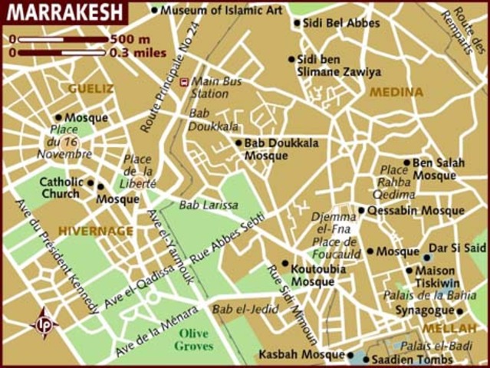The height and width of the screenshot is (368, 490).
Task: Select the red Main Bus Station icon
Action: (x=183, y=81)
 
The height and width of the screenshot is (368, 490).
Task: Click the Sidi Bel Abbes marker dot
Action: (x=297, y=23)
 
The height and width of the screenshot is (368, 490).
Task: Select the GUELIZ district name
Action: (x=90, y=89)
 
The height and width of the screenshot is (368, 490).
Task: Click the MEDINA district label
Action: (x=396, y=92)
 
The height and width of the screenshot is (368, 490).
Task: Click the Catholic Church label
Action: (x=59, y=188)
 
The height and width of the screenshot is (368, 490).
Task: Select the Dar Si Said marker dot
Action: (x=427, y=257)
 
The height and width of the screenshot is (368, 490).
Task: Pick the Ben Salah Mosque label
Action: (x=434, y=169)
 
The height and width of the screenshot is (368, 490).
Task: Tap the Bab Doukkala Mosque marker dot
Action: (x=238, y=143)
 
